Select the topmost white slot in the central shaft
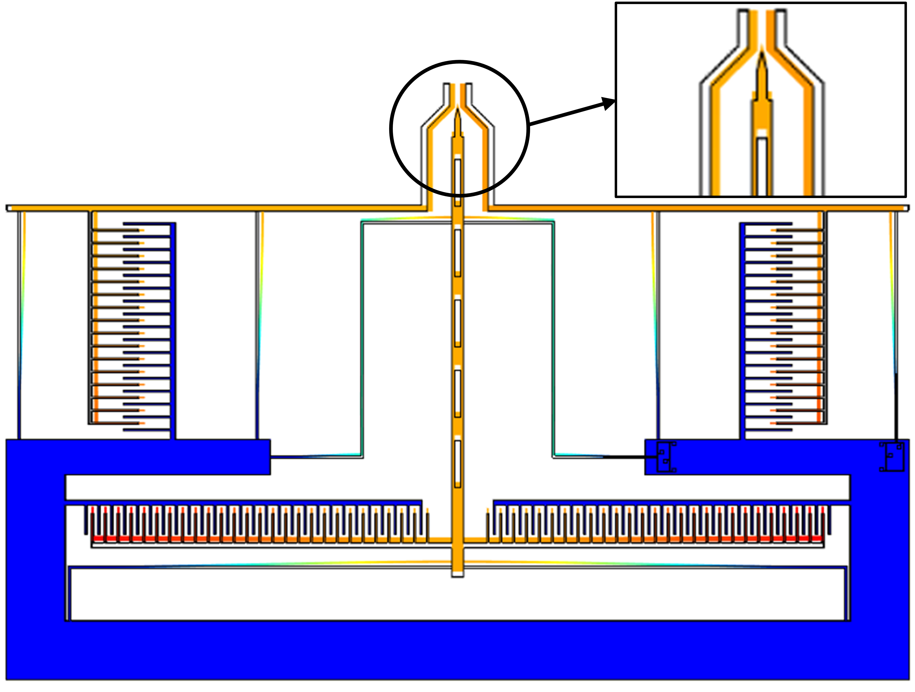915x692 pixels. point(457,182)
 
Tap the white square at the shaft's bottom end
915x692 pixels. point(457,574)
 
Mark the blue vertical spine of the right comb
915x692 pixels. point(743,331)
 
